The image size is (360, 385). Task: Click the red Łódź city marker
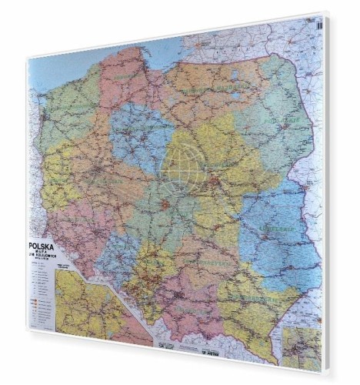(x=165, y=206)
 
